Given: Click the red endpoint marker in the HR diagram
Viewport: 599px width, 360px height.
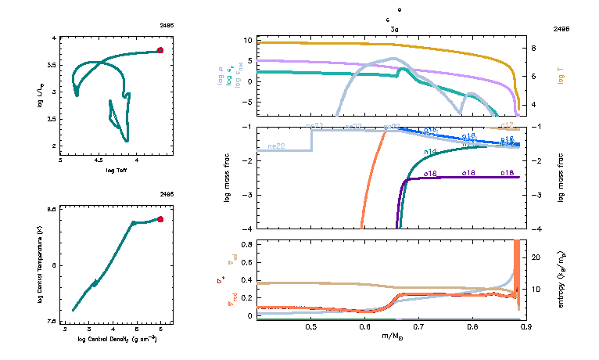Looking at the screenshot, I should pos(160,50).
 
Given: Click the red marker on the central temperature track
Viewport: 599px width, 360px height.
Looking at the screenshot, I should pos(160,219).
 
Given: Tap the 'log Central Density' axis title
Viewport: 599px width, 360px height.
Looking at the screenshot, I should pos(117,339).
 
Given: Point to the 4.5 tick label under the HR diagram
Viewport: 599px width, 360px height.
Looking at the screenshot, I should pos(99,160).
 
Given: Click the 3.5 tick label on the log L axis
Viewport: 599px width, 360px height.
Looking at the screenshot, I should pos(53,64).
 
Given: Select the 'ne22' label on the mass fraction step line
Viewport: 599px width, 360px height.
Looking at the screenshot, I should pos(275,146).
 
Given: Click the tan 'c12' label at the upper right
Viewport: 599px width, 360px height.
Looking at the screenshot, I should pos(507,125).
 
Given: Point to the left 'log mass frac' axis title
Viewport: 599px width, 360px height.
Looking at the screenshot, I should pos(228,178).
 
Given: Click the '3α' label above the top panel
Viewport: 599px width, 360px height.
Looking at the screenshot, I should pos(396,28).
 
